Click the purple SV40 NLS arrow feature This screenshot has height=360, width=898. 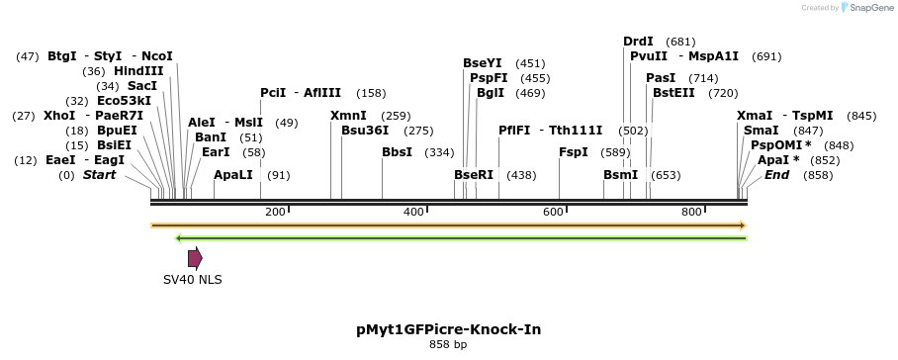pyautogui.click(x=195, y=258)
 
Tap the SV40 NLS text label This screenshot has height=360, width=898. pyautogui.click(x=193, y=280)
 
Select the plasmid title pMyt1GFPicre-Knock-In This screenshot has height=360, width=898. pyautogui.click(x=448, y=328)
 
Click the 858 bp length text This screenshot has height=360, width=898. pyautogui.click(x=448, y=344)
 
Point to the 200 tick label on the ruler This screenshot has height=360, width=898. pyautogui.click(x=275, y=212)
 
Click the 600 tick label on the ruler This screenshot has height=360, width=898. pyautogui.click(x=552, y=212)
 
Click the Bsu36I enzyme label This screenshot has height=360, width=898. pyautogui.click(x=365, y=131)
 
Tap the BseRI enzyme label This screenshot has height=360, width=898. pyautogui.click(x=474, y=175)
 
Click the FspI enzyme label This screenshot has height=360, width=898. pyautogui.click(x=574, y=152)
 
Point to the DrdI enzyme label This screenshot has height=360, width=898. pyautogui.click(x=638, y=42)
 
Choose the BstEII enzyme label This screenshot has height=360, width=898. pyautogui.click(x=673, y=93)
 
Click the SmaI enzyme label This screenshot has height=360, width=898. pyautogui.click(x=761, y=131)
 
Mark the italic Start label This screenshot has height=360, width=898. pyautogui.click(x=99, y=175)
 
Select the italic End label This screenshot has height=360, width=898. pyautogui.click(x=777, y=175)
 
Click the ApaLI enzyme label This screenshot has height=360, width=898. pyautogui.click(x=233, y=175)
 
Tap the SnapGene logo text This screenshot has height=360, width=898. pyautogui.click(x=867, y=8)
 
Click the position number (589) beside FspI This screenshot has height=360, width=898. pyautogui.click(x=615, y=152)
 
